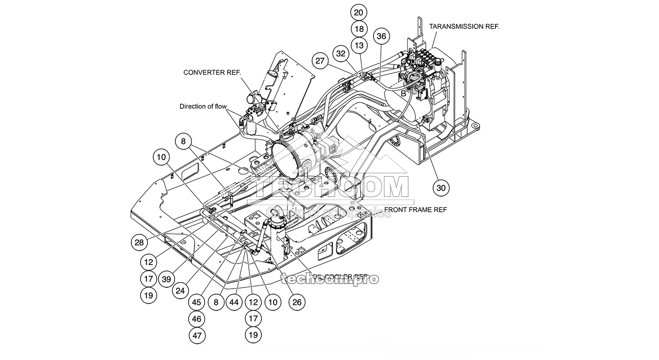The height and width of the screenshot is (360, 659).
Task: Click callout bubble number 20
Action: (x=359, y=12)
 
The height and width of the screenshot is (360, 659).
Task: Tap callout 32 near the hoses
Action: (x=341, y=53)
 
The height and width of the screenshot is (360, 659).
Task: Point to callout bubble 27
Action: (x=321, y=61)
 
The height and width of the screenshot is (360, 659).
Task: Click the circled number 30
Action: (x=440, y=187)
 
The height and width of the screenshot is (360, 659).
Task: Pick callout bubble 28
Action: (x=139, y=242)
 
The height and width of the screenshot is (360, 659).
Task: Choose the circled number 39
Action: (x=166, y=279)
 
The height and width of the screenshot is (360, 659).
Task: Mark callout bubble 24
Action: (x=180, y=290)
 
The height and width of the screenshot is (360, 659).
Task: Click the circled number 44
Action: (x=234, y=302)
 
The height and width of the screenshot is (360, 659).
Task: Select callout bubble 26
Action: (x=296, y=302)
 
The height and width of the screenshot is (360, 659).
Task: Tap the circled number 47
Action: (x=196, y=335)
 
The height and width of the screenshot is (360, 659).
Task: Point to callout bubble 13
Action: (x=359, y=45)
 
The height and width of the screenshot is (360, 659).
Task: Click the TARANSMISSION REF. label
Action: (x=464, y=26)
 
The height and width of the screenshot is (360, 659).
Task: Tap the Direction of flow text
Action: (x=203, y=107)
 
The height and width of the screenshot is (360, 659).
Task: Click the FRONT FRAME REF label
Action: (x=415, y=210)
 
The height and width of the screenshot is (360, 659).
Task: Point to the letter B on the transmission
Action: (x=403, y=93)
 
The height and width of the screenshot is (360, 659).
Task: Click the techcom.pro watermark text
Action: (x=329, y=279)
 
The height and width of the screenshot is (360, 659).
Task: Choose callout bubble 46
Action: (x=196, y=319)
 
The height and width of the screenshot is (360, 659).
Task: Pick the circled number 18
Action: (x=359, y=29)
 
